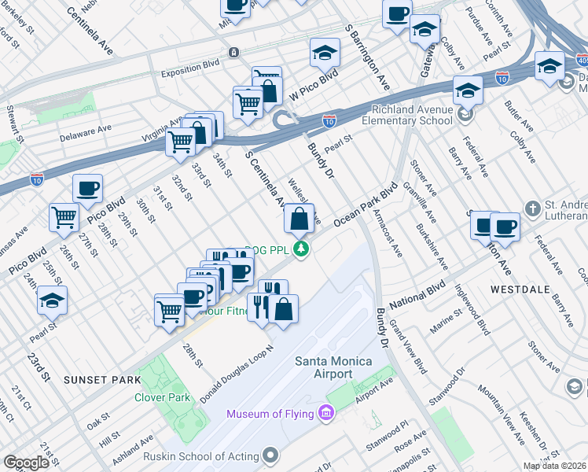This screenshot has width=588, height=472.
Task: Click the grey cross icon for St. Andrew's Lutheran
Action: click(534, 208)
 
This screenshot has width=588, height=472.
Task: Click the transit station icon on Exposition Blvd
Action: click(233, 53)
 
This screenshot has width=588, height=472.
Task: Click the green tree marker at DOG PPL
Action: click(300, 249)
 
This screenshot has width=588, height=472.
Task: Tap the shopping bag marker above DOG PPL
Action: click(299, 219)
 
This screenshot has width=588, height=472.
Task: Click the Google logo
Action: click(26, 463)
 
